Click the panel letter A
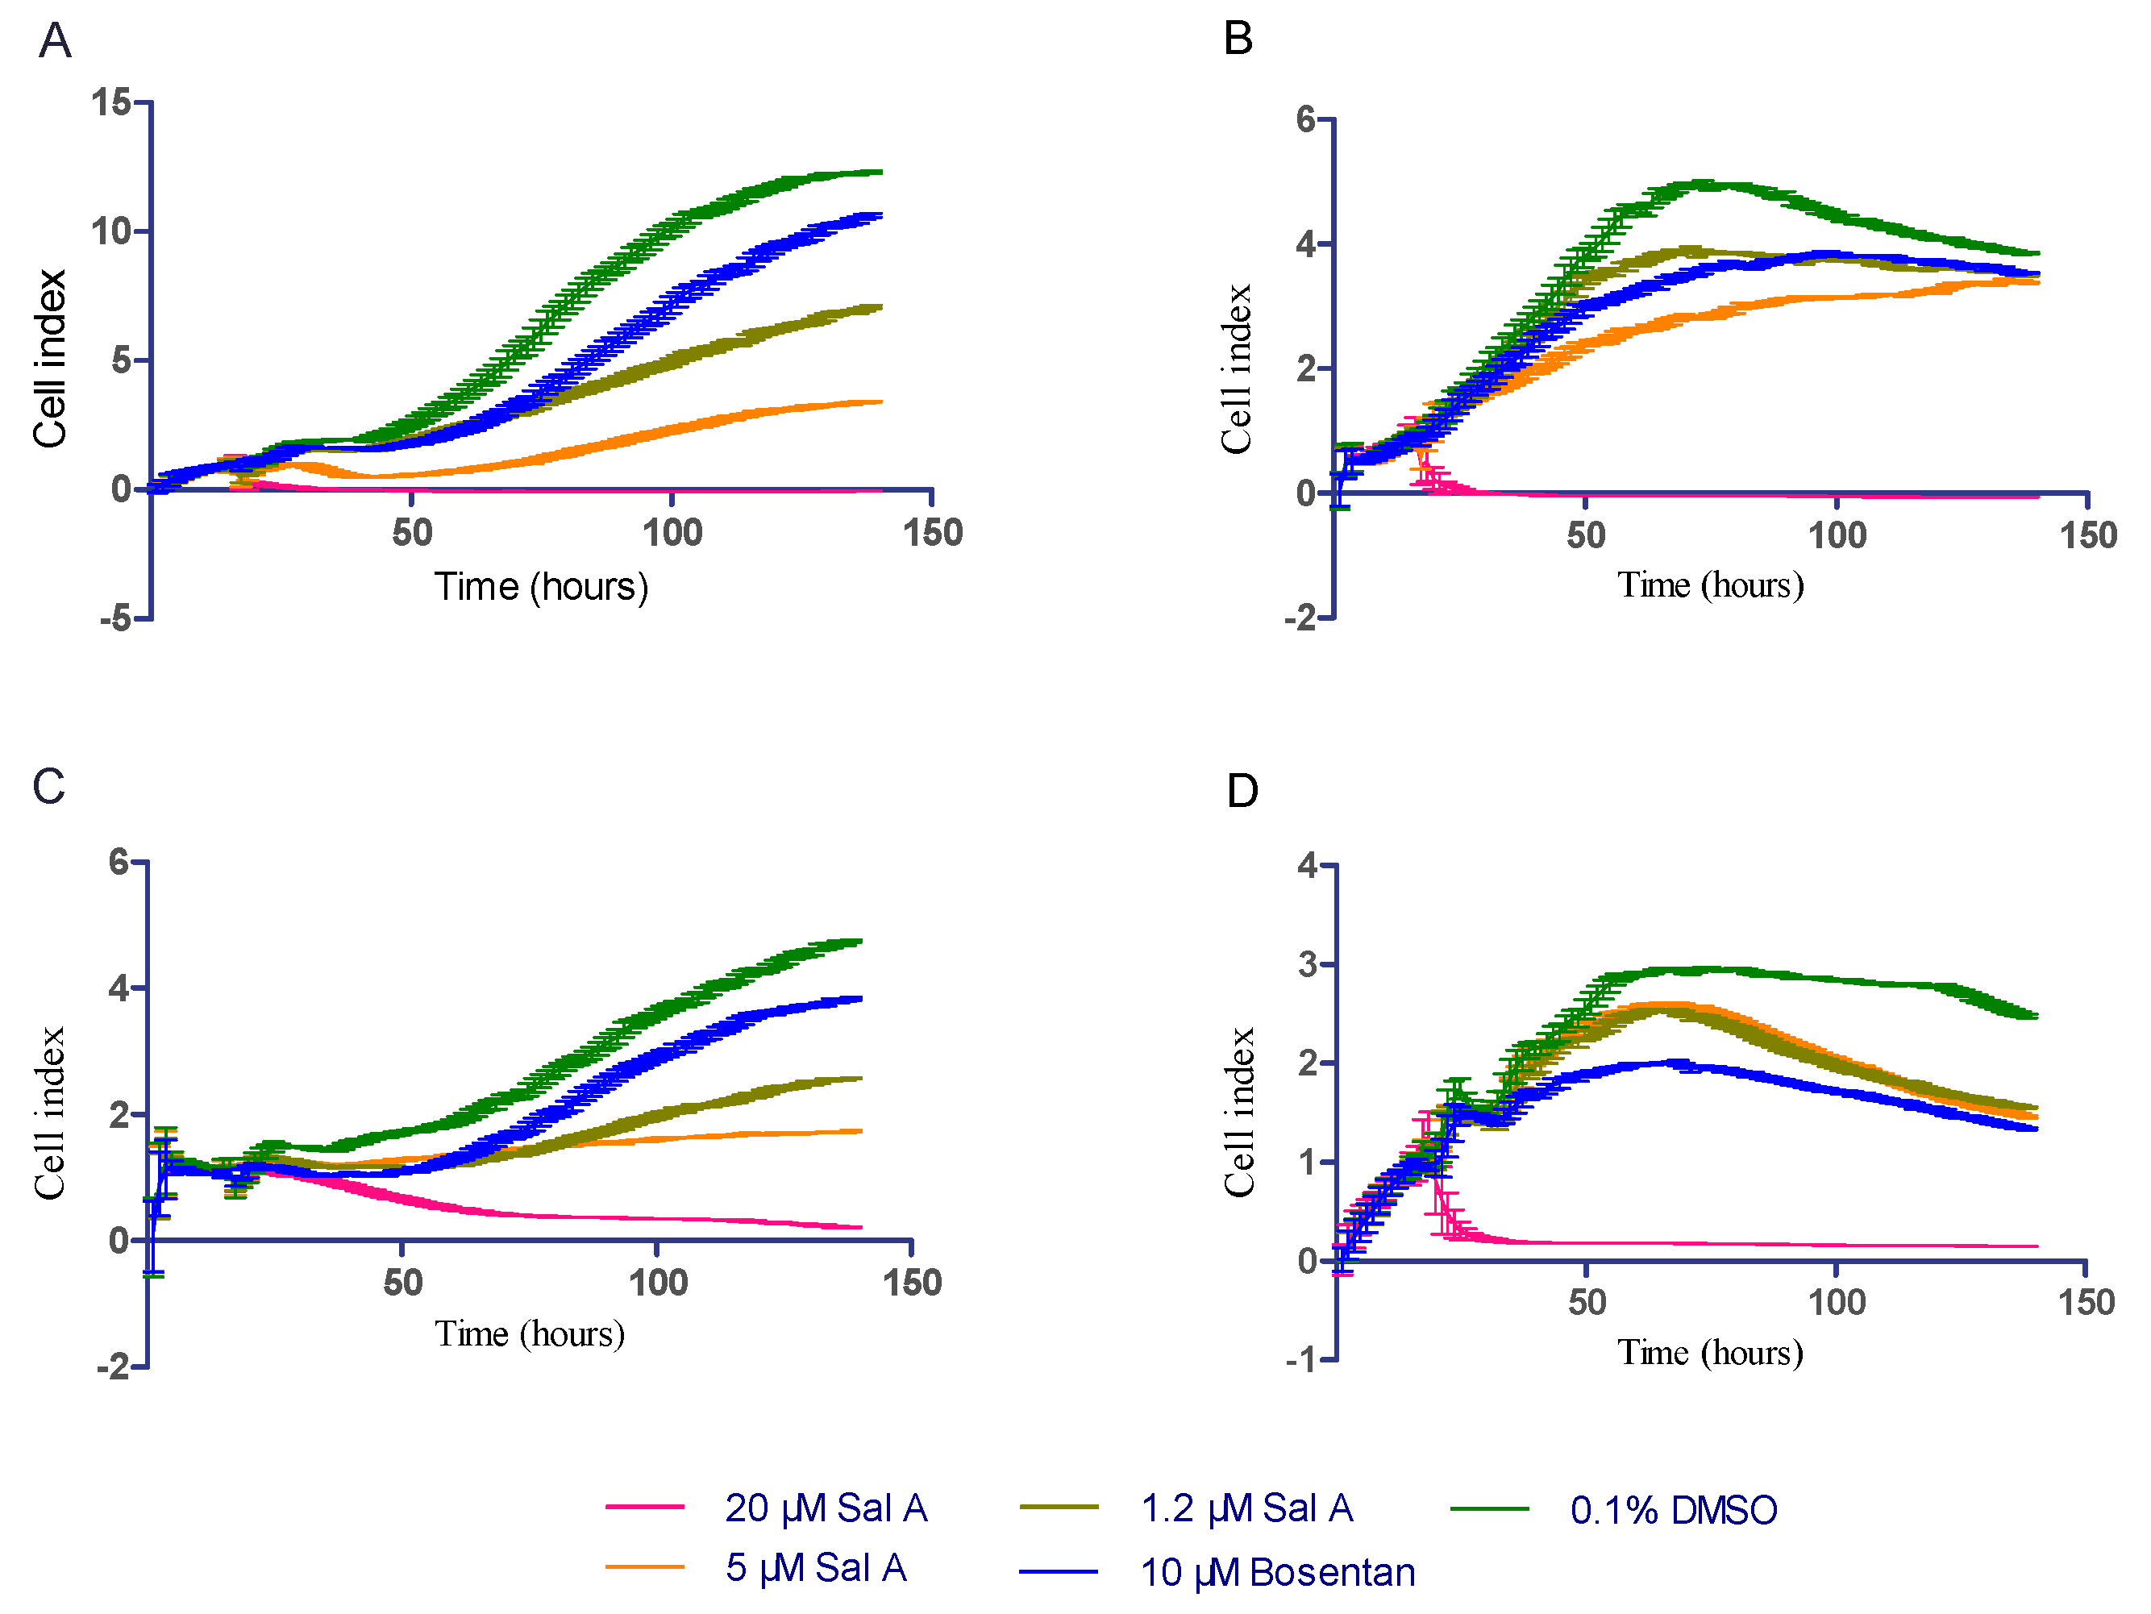click(x=56, y=42)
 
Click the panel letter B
click(x=1238, y=40)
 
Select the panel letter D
click(x=1242, y=792)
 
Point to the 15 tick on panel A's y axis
click(x=111, y=102)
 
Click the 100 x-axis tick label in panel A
click(x=672, y=533)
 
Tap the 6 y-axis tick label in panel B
click(x=1305, y=119)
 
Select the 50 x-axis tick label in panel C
click(x=402, y=1283)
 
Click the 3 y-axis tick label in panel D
click(x=1307, y=964)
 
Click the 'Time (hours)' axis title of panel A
click(x=541, y=587)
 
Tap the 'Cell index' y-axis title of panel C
click(x=48, y=1113)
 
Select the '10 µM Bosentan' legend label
click(x=1277, y=1572)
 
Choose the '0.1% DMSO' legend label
click(x=1673, y=1510)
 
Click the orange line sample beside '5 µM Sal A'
click(x=645, y=1567)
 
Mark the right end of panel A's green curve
click(x=880, y=172)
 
